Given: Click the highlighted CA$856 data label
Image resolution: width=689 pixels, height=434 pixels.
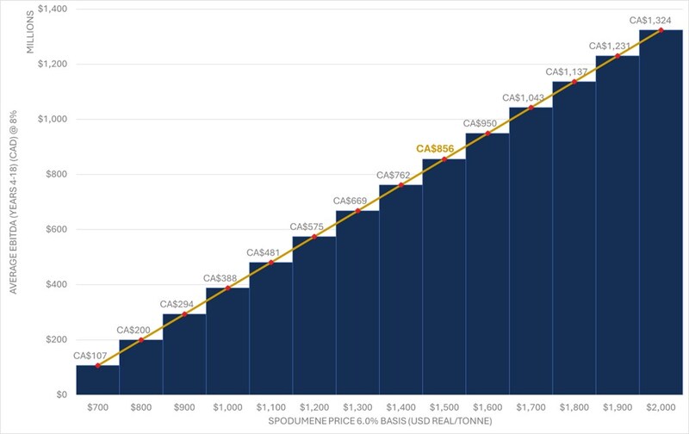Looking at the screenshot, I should click(435, 149).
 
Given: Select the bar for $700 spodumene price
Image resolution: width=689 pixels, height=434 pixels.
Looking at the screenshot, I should click(97, 380).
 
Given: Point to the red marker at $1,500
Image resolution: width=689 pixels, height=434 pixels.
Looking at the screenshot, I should click(444, 159).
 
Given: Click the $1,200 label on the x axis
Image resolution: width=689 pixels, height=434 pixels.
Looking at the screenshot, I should click(313, 406).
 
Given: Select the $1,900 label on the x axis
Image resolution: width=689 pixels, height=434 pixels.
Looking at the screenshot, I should click(617, 406).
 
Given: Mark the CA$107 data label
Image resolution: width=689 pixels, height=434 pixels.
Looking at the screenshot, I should click(90, 355).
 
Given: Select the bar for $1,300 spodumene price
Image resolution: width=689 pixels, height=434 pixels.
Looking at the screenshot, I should click(357, 302).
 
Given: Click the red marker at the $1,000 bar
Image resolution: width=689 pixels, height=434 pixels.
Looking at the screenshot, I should click(227, 288).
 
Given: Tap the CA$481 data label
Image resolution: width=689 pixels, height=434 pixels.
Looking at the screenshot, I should click(264, 252).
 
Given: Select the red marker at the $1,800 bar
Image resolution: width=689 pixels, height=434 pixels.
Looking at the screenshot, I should click(574, 82).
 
